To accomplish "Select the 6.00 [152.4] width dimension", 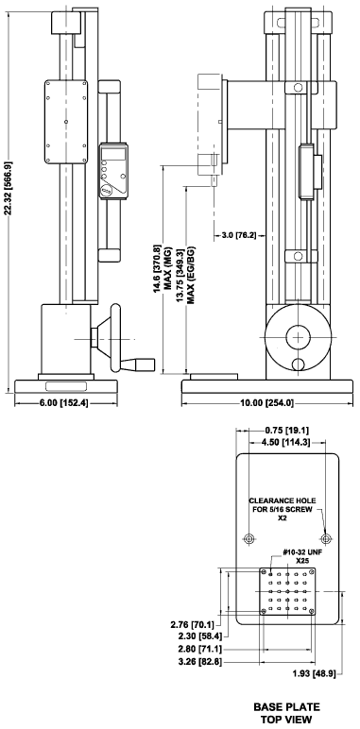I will click(x=66, y=403).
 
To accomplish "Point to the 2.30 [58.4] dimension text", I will click(x=199, y=637).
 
